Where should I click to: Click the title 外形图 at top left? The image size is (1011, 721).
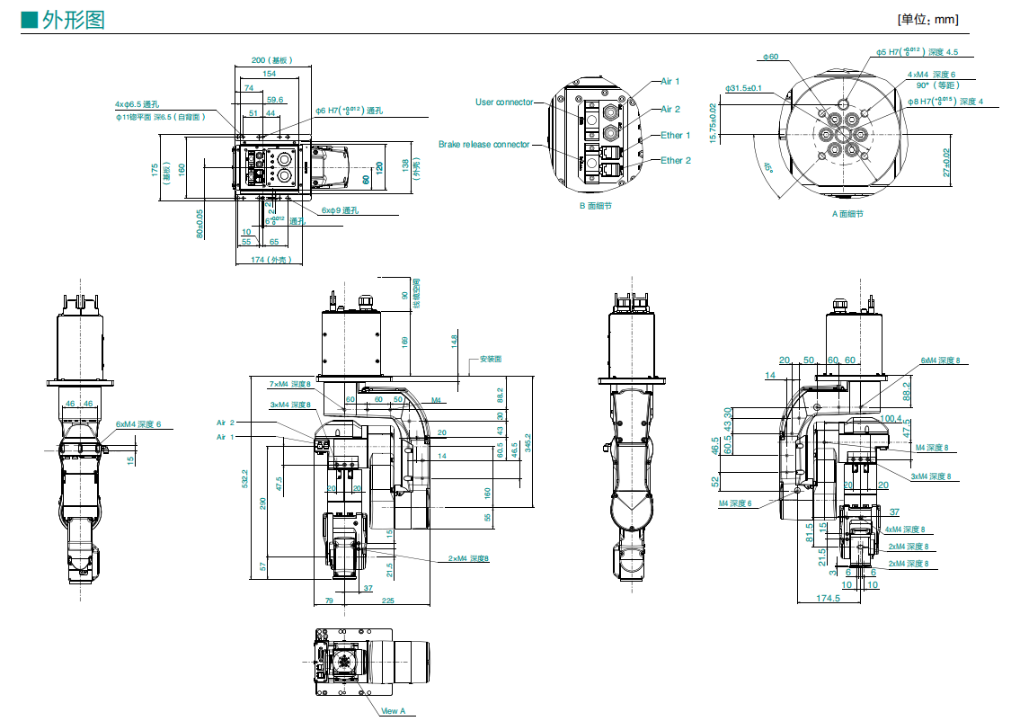click(x=73, y=19)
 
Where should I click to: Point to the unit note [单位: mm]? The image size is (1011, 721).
click(x=927, y=19)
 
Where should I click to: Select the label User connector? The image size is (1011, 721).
click(x=503, y=102)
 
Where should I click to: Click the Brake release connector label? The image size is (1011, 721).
click(x=483, y=144)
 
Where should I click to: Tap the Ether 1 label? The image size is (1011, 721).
click(x=676, y=136)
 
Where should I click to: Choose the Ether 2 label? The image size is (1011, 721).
click(x=676, y=161)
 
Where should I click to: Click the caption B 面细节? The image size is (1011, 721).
click(x=595, y=205)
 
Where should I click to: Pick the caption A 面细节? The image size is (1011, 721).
click(x=847, y=214)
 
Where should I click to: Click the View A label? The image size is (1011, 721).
click(x=394, y=711)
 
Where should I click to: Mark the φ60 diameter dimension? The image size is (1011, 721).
click(x=770, y=58)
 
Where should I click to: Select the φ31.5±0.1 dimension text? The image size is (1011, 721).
click(x=743, y=88)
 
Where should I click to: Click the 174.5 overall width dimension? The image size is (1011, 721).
click(x=828, y=598)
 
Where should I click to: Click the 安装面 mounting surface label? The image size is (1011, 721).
click(x=490, y=359)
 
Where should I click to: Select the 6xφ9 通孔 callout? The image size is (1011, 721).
click(x=340, y=210)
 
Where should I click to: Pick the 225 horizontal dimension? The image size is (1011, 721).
click(x=387, y=600)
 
